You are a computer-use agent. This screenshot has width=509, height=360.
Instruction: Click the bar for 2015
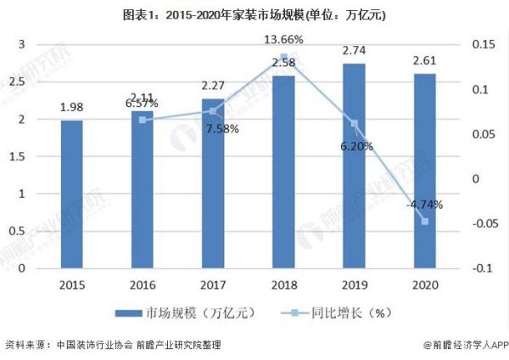click(x=72, y=194)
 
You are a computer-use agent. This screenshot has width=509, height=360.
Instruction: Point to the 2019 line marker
click(x=355, y=124)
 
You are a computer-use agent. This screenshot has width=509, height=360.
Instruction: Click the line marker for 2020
click(x=425, y=222)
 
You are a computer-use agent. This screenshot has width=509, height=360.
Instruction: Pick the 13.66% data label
click(x=284, y=41)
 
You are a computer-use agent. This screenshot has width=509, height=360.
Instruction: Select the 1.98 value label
click(x=72, y=106)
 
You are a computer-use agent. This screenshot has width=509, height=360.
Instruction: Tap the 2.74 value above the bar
click(x=355, y=50)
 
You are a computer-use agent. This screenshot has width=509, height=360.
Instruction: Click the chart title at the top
click(x=255, y=14)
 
